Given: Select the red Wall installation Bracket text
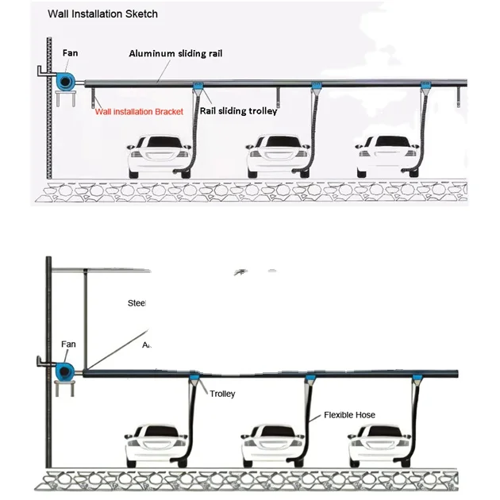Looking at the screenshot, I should (x=139, y=111).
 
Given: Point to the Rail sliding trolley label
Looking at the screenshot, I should (x=238, y=111).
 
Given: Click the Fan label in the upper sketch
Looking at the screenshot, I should (x=71, y=53).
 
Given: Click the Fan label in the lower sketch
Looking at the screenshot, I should (x=68, y=344).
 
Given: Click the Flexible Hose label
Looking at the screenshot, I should (x=349, y=415).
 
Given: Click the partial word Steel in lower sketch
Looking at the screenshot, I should (x=137, y=302).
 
